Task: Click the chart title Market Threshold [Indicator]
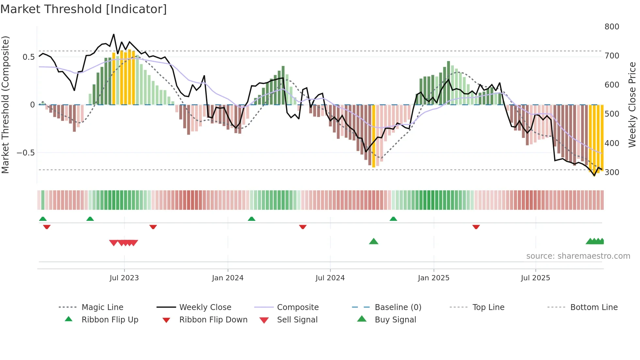click(x=84, y=9)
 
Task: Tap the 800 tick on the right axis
click(x=612, y=27)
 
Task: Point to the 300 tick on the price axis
click(x=612, y=172)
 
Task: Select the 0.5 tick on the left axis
click(x=28, y=57)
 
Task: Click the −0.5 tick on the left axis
click(x=25, y=153)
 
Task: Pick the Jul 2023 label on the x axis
click(x=124, y=278)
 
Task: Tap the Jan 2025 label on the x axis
click(x=433, y=278)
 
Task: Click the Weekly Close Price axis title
click(x=632, y=105)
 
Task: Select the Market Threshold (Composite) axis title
click(x=5, y=105)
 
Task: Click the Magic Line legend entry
click(x=102, y=307)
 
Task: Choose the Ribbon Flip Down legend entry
click(x=213, y=320)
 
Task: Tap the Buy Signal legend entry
click(x=395, y=320)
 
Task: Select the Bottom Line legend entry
click(x=594, y=307)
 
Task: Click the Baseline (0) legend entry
click(x=398, y=307)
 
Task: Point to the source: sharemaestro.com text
click(x=578, y=256)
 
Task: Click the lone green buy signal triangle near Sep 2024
click(x=374, y=242)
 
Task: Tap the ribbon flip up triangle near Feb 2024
click(x=251, y=219)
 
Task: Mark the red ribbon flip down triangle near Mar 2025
click(x=476, y=227)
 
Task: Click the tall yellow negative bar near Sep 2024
click(x=374, y=136)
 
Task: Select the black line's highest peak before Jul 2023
click(x=114, y=34)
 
